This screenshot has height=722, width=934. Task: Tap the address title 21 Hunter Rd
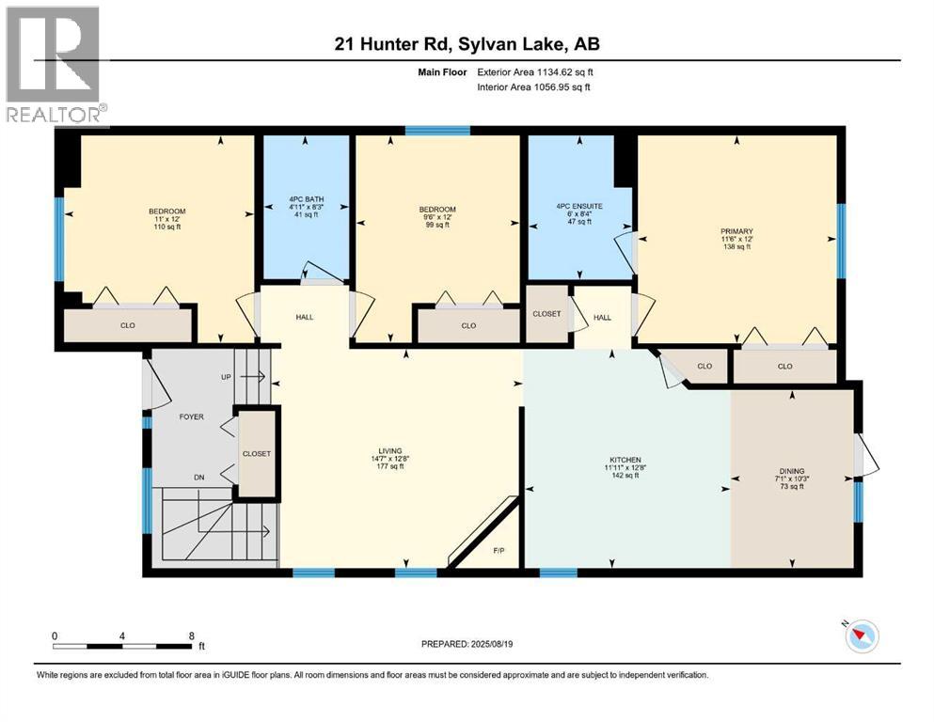(467, 43)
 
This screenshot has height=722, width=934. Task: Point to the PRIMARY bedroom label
(736, 230)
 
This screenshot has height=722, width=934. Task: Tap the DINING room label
(792, 471)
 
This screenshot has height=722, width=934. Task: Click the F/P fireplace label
(498, 550)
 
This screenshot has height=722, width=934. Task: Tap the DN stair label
(199, 478)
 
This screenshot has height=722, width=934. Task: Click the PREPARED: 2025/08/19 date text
(467, 644)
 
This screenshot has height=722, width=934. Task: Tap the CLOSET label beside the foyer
(256, 453)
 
